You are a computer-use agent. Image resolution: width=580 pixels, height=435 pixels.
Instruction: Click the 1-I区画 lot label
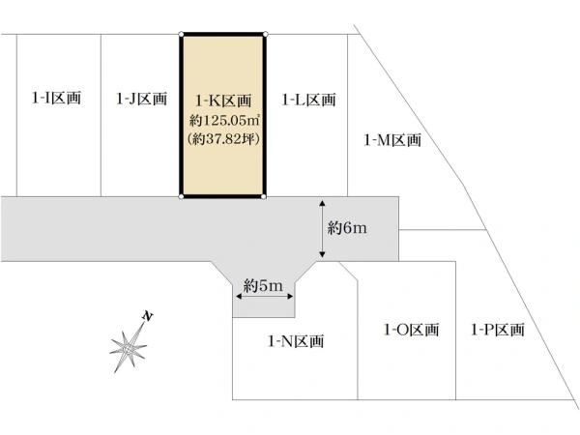(56, 98)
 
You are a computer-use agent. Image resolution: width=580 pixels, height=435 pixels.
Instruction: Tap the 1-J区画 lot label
(142, 99)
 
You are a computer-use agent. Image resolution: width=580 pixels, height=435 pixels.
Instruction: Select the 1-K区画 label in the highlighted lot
(224, 101)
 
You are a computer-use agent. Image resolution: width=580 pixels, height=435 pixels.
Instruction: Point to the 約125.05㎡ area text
(224, 120)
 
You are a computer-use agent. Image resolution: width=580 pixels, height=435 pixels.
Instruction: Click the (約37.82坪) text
(224, 139)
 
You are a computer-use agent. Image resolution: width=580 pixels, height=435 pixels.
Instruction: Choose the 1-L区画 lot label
(309, 100)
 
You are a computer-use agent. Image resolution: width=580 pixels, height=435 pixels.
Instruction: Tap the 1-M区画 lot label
(392, 140)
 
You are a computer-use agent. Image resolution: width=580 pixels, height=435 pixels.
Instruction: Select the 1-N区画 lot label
(296, 341)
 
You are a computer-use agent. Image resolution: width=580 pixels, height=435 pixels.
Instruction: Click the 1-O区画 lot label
(412, 330)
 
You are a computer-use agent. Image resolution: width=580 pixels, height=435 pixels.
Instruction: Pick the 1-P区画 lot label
(498, 330)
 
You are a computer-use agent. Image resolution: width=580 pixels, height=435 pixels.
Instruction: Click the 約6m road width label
(347, 228)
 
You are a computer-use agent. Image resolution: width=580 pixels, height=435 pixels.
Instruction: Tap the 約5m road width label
(263, 285)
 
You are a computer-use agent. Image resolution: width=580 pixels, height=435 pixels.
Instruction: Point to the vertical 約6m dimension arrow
(322, 228)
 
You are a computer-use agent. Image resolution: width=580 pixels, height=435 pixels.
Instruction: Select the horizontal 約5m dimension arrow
(265, 297)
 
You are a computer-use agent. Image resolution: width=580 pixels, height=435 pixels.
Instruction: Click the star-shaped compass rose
(128, 347)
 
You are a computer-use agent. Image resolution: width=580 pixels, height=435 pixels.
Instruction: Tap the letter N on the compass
(148, 316)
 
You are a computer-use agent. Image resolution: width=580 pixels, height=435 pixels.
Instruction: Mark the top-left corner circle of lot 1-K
(182, 35)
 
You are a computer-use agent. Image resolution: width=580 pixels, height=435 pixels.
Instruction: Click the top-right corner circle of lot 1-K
(265, 35)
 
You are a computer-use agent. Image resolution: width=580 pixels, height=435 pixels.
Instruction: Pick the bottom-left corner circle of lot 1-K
(182, 196)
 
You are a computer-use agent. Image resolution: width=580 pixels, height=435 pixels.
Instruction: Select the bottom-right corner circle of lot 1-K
(264, 196)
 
